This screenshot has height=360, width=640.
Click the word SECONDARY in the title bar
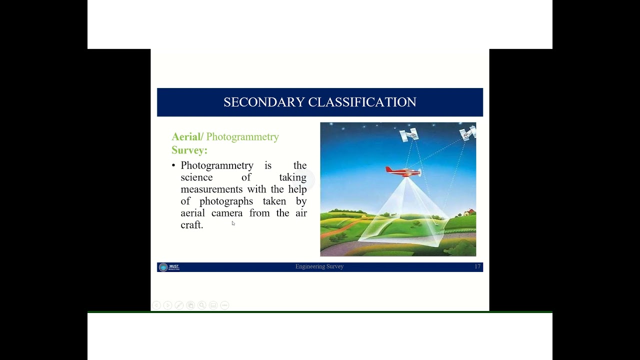[264, 102]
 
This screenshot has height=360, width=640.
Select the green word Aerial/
[187, 137]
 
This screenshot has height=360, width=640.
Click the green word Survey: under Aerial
[189, 150]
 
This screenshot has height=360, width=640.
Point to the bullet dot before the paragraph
[173, 165]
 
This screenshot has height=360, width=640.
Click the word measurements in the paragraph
[211, 189]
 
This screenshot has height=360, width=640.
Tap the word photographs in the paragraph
[226, 201]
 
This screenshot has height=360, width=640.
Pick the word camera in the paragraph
[226, 213]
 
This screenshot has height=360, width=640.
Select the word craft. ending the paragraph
[191, 225]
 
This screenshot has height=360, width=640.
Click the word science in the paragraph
[196, 177]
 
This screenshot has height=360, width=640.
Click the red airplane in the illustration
[403, 171]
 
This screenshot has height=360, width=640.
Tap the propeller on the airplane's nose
[420, 173]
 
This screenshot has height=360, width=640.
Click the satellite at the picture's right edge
[468, 133]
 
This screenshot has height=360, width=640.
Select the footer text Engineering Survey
[319, 267]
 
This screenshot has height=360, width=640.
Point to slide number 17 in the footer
[477, 267]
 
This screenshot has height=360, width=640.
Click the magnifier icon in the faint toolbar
[201, 305]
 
